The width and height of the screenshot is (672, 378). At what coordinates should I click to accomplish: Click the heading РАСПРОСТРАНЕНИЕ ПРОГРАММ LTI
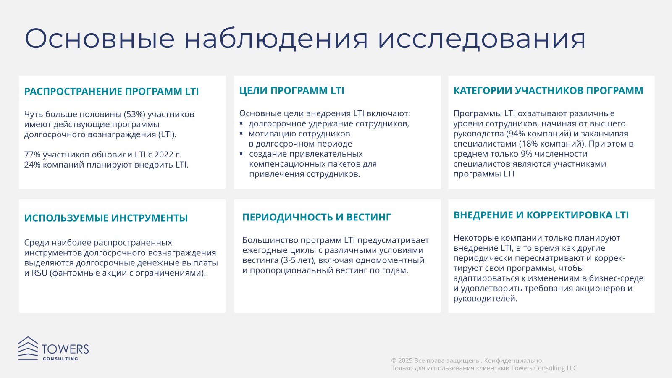coord(112,92)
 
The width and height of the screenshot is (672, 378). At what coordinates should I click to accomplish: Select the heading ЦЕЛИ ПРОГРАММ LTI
coord(291,91)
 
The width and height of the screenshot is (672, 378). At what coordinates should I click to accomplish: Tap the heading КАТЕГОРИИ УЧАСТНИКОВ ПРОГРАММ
coord(548,91)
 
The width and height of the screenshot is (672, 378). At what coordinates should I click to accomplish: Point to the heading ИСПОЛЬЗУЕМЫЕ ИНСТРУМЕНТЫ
coord(106,218)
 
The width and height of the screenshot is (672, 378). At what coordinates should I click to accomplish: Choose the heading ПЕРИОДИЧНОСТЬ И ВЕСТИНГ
coord(317,217)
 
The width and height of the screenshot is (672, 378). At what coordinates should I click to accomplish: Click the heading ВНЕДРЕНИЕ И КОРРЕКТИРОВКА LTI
coord(541,215)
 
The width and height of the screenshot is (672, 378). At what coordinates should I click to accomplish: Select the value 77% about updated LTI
coord(32,155)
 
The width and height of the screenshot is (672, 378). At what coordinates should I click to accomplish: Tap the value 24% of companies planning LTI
coord(32,165)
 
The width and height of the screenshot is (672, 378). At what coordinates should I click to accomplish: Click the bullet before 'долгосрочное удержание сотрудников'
coord(241,123)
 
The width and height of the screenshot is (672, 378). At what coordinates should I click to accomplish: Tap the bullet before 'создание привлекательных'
coord(241,154)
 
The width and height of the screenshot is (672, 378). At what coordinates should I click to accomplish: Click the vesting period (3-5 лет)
coord(299,260)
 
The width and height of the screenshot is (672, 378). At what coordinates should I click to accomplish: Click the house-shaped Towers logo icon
coord(28,348)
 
